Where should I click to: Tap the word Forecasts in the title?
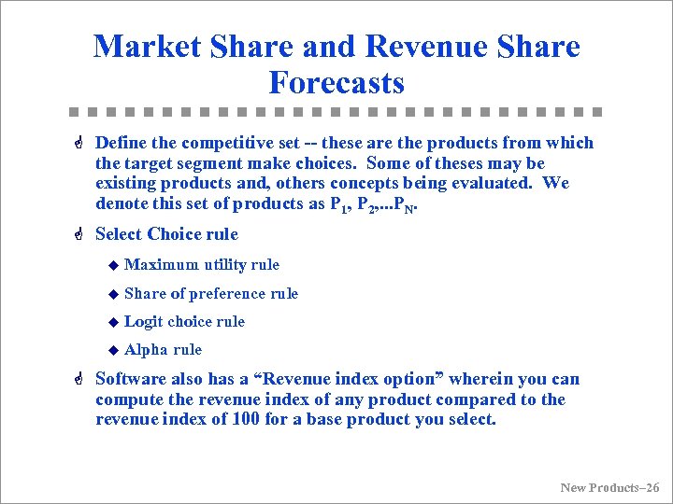coord(336,82)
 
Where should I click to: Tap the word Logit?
coord(143,321)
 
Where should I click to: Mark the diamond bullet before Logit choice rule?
coord(112,322)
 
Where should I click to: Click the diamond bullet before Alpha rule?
coord(112,350)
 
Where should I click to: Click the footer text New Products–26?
coord(609,487)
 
